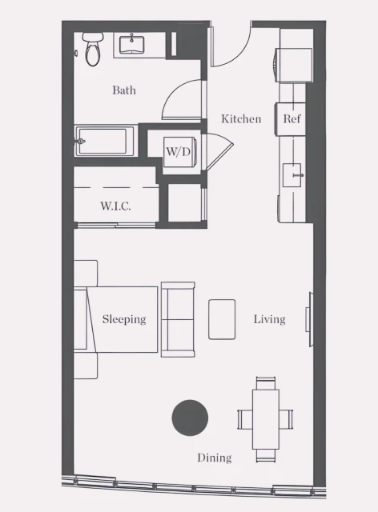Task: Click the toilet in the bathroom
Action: coord(93,49)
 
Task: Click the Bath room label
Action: coord(124,90)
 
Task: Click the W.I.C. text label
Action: coord(115,206)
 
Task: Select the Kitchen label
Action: coord(241,119)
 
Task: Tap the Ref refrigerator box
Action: coord(292,119)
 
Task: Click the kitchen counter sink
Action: coord(296,172)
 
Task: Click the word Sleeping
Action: coord(124,319)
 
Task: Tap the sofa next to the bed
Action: coord(178,319)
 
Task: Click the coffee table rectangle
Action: coord(222,319)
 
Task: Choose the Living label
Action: coord(269,319)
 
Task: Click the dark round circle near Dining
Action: coord(190,418)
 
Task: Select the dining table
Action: coord(267,418)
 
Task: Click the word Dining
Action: coord(214,458)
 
